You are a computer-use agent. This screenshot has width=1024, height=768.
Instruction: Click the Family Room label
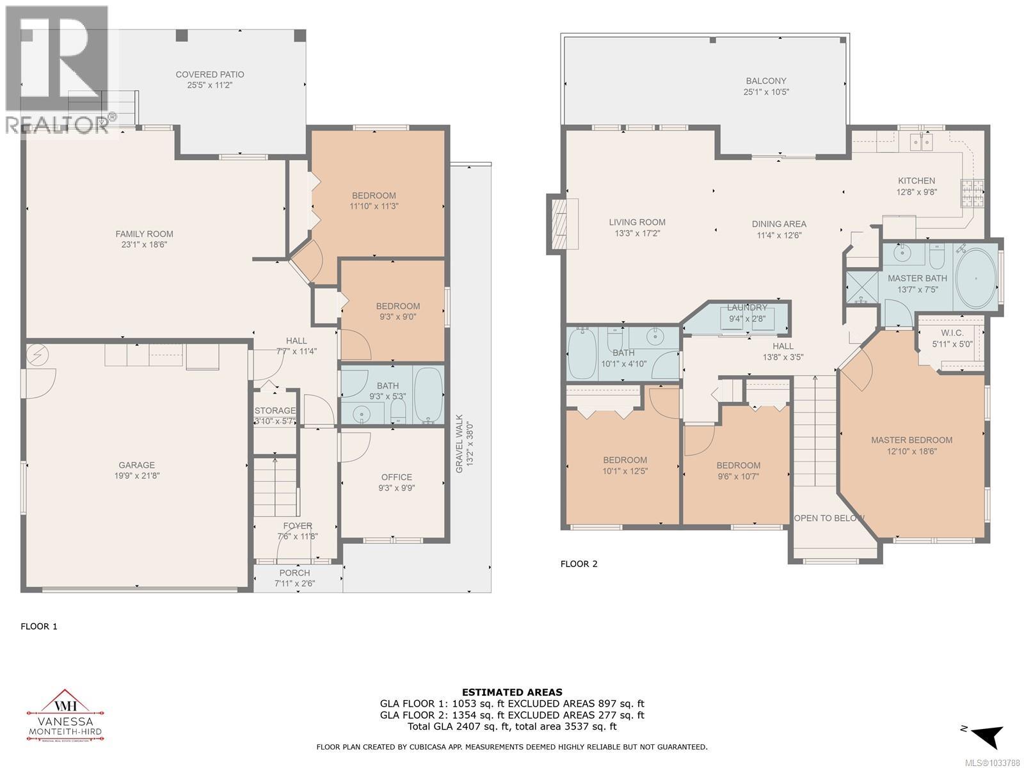pos(144,234)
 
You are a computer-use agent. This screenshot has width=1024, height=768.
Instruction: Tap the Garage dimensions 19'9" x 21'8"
pos(137,476)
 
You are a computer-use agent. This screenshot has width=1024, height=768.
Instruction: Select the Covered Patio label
pos(210,75)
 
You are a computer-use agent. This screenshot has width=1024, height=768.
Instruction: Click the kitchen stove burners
pos(972,193)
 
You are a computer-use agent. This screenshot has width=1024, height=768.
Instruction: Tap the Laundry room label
pos(747,308)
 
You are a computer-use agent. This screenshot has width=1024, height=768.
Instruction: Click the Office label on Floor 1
pos(397,477)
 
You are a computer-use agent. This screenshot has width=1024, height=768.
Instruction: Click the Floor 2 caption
pos(579,564)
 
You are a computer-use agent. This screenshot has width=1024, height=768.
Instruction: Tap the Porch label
pos(294,573)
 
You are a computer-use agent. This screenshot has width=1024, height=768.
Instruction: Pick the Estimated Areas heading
pos(512,692)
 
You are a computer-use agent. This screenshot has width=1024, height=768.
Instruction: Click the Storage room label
pos(275,410)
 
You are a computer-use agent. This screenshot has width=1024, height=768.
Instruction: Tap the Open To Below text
pos(829,518)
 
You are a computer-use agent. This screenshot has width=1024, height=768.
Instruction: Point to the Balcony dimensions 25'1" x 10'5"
pos(766,92)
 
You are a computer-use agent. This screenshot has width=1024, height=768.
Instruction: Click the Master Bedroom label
pos(911,440)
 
